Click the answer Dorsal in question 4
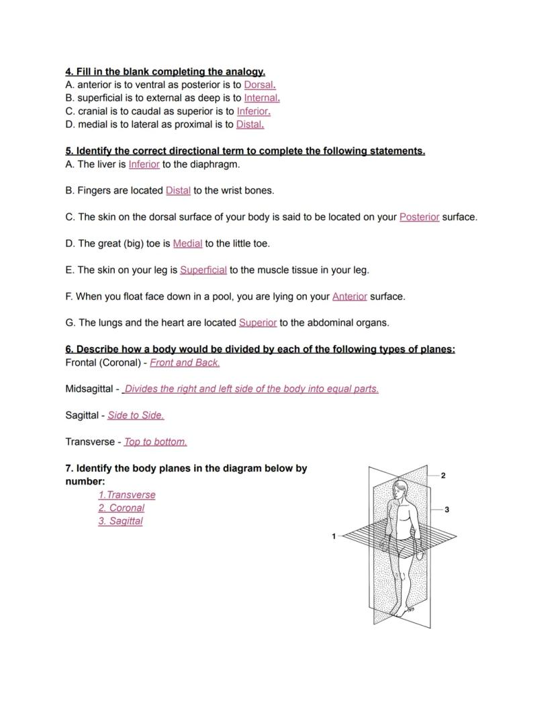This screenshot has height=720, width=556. click(259, 85)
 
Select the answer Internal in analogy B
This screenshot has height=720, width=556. click(261, 98)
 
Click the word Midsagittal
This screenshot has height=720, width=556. click(91, 389)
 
